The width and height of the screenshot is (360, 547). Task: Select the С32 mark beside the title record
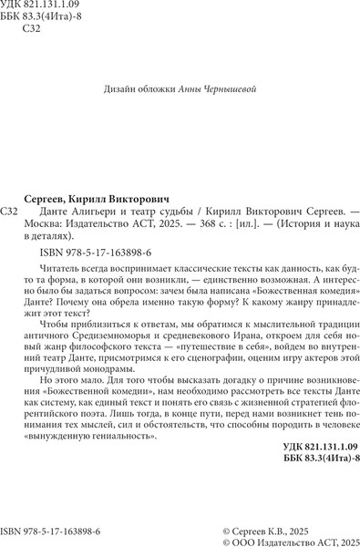(15, 211)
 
